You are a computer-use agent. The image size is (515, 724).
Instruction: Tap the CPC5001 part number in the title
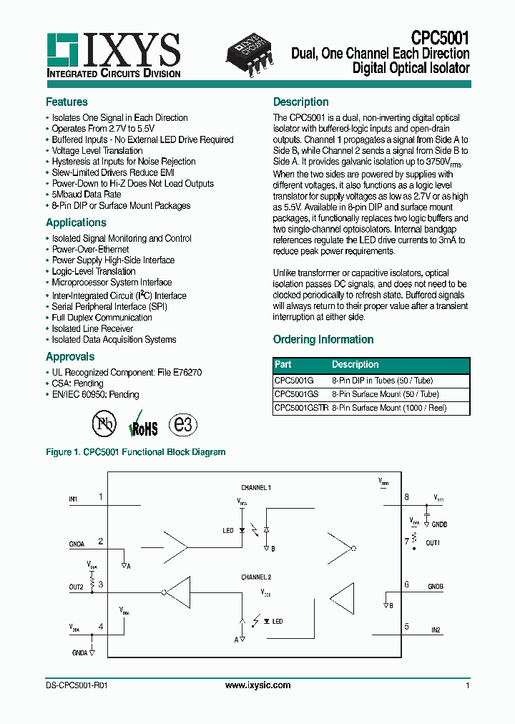pos(440,38)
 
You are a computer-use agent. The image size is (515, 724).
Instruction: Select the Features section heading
pos(67,102)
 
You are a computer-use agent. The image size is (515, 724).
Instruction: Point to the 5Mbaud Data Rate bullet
pos(86,195)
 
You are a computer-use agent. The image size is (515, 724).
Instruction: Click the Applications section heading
pos(76,222)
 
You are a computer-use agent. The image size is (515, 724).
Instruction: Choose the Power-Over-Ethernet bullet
pos(90,250)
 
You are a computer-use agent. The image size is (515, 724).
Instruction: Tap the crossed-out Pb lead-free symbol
pos(104,424)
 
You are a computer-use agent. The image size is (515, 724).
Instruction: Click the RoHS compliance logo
pos(143,424)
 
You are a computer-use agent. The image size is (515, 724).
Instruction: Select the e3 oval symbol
pos(182,424)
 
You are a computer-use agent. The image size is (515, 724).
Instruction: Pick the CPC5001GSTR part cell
pos(301,408)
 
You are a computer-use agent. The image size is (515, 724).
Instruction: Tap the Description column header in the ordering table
pos(355,364)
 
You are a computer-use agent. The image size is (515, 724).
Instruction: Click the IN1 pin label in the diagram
pos(73,499)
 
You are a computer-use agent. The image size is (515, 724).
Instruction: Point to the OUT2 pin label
pos(77,587)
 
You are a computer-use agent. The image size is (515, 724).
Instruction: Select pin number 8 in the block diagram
pos(406,496)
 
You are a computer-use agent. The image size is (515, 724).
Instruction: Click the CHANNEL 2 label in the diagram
pos(255,577)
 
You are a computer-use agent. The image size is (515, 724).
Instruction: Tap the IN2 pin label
pos(436,630)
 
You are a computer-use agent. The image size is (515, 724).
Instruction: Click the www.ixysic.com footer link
pos(257,685)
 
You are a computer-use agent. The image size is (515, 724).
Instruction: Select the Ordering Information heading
pos(323,340)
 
